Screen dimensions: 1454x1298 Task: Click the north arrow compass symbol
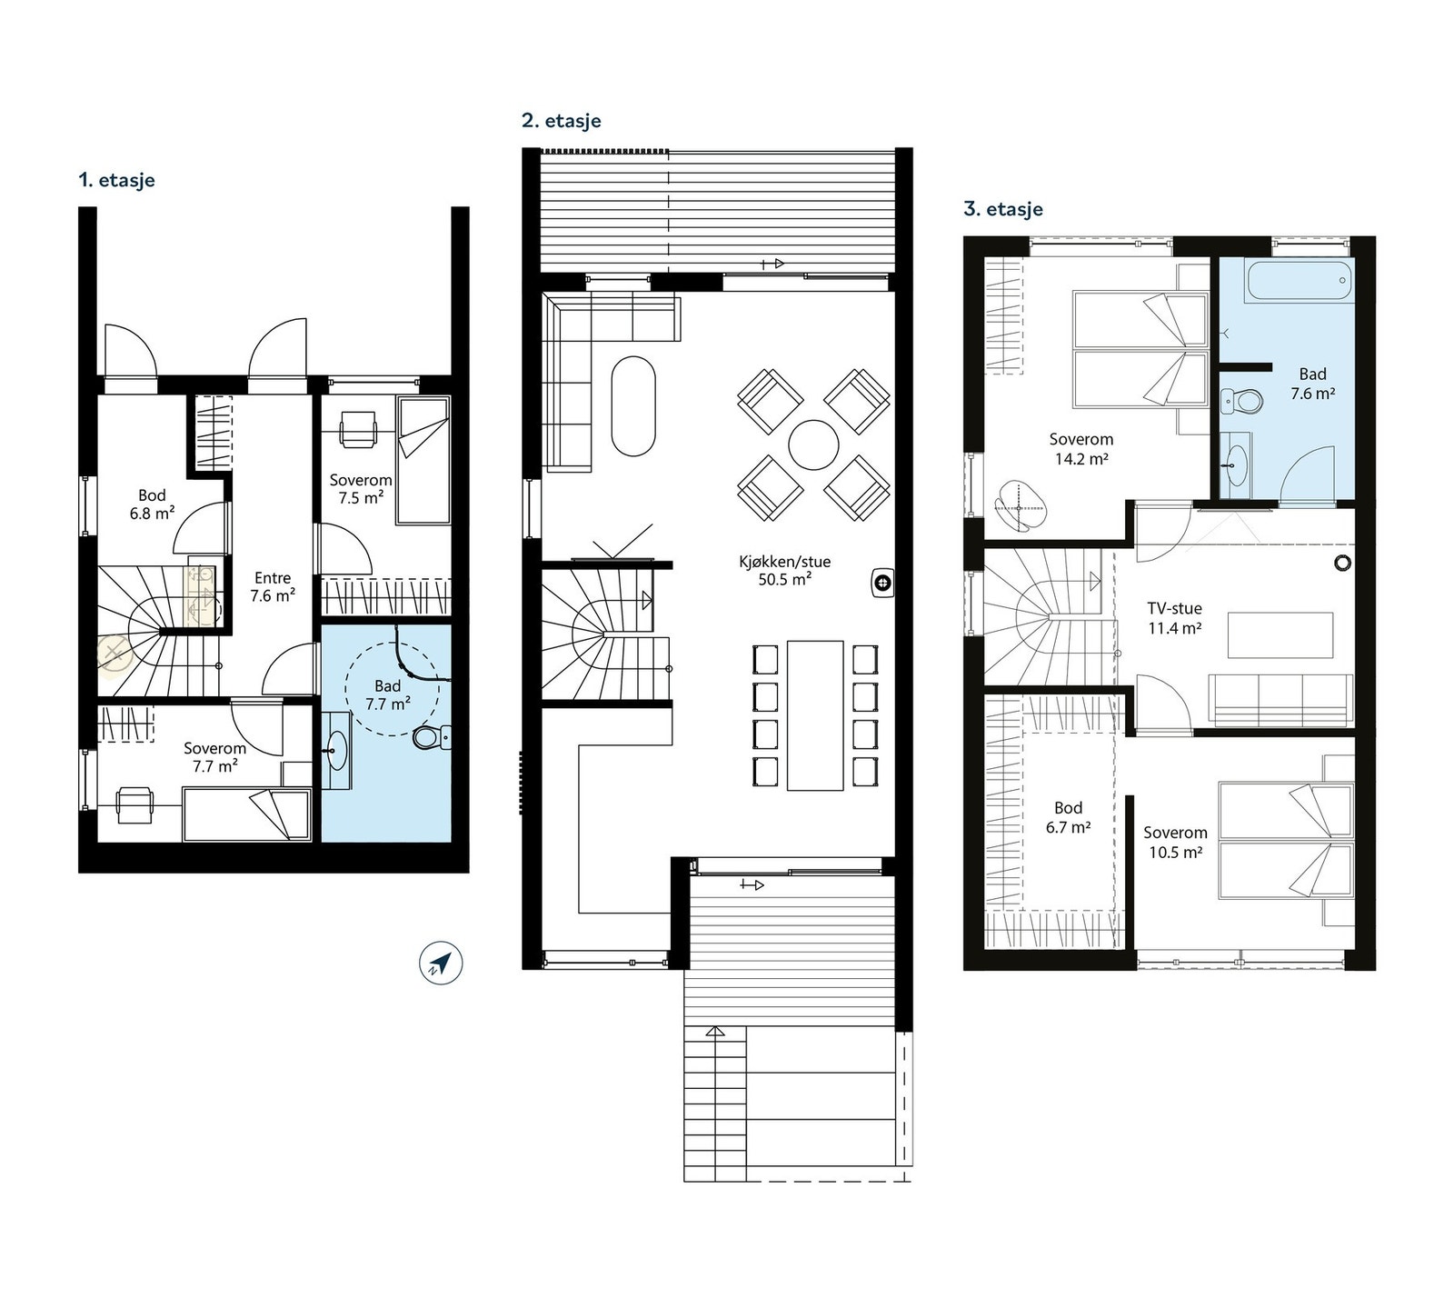(441, 964)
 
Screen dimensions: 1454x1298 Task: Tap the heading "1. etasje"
(116, 180)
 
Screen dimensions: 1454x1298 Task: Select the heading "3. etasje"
(1003, 209)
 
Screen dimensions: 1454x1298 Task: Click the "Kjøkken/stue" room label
(784, 562)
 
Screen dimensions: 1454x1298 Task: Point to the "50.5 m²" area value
(784, 580)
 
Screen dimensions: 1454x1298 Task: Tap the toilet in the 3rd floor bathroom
(1241, 400)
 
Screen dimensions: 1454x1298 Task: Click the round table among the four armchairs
(813, 444)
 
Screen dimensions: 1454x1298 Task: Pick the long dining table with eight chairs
(815, 715)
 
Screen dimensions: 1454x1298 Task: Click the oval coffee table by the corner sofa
(633, 405)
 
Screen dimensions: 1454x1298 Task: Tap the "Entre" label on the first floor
(273, 578)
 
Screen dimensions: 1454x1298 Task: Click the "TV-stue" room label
(1174, 609)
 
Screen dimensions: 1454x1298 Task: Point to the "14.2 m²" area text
(1081, 459)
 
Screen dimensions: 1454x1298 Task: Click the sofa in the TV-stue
(1281, 700)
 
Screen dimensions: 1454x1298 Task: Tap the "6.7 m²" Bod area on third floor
(1069, 827)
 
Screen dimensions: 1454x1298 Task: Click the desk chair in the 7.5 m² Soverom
(358, 428)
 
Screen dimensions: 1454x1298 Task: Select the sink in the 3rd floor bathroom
(1235, 464)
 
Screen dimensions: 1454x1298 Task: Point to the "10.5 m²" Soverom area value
(1176, 853)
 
